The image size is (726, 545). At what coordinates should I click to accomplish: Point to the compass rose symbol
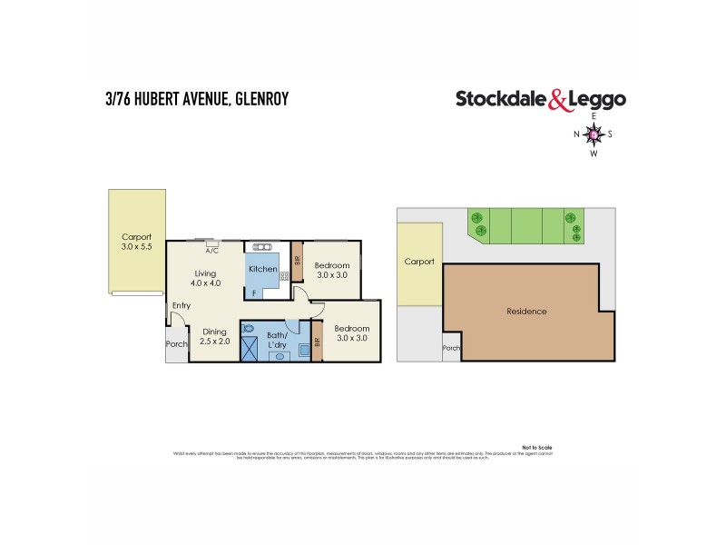point(594,135)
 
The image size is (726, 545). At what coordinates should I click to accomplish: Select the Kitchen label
point(262,270)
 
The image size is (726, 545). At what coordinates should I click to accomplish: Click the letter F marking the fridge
point(255,292)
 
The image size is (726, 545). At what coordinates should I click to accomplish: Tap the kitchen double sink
point(262,246)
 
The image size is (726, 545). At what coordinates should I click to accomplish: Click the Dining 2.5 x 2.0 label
point(214,337)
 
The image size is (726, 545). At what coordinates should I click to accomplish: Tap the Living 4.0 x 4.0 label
point(211,279)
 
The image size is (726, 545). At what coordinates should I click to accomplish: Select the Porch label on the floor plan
point(176,344)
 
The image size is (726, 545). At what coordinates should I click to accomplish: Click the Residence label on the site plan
point(526,312)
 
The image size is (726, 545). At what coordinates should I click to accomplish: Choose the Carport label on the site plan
point(419,262)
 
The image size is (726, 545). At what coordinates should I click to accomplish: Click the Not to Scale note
point(537,447)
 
